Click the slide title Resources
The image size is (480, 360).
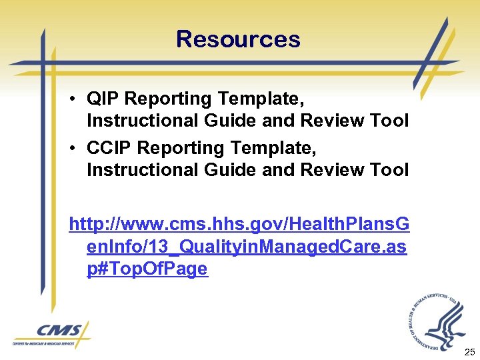click(x=238, y=39)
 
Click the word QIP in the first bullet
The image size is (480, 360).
click(x=103, y=99)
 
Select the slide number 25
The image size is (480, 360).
click(x=469, y=351)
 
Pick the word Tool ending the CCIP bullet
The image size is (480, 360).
click(x=390, y=170)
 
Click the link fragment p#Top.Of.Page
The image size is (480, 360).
click(x=147, y=269)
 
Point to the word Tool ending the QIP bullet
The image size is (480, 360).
click(x=390, y=121)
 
